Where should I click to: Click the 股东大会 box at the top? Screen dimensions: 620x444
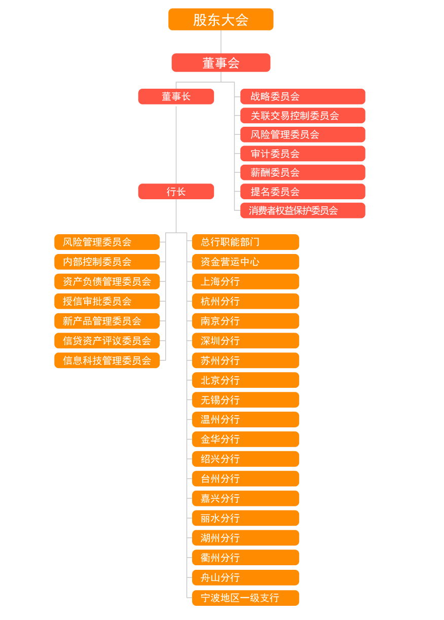tap(220, 19)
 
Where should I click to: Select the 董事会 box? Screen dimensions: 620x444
tap(220, 63)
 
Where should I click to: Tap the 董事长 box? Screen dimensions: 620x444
tap(176, 96)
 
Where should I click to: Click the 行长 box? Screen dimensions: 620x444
tap(176, 192)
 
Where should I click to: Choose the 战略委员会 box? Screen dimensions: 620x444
tap(303, 96)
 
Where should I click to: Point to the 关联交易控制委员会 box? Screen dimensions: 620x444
tap(303, 116)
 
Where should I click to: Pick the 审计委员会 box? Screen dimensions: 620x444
tap(303, 154)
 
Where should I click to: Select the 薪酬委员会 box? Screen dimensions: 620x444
tap(303, 172)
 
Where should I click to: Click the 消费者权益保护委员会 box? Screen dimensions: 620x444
tap(303, 210)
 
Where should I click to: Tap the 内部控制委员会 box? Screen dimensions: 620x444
tap(107, 262)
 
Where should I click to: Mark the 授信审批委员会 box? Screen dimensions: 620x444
tap(107, 301)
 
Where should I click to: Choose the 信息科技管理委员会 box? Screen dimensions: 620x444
tap(107, 360)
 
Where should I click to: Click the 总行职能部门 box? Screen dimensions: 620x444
tap(246, 242)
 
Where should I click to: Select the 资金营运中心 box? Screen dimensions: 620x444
tap(246, 262)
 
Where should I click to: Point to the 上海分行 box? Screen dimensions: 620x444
tap(246, 281)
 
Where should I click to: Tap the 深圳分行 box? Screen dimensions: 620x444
tap(246, 341)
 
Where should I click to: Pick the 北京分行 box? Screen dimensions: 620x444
tap(246, 380)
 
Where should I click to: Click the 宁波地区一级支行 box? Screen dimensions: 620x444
tap(246, 598)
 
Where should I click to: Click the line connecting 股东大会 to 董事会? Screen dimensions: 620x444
tap(221, 42)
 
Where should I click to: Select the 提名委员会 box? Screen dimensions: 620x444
tap(303, 192)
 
